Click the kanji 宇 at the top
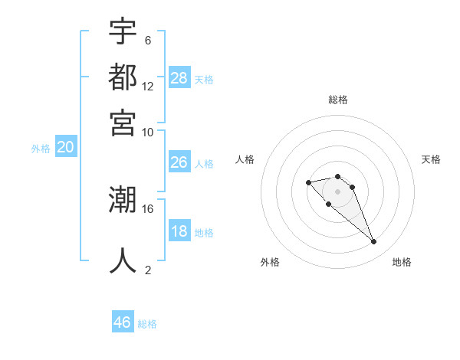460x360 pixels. tap(123, 31)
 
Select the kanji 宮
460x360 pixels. tap(123, 122)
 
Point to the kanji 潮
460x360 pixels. tap(123, 201)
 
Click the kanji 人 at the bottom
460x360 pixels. tap(123, 260)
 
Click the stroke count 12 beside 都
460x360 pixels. tap(148, 86)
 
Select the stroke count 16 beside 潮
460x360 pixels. tap(148, 208)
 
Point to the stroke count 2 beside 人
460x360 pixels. tap(147, 269)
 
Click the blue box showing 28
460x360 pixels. tap(179, 78)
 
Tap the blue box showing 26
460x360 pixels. tap(179, 162)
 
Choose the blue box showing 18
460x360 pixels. tap(179, 232)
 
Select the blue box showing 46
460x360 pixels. tap(123, 322)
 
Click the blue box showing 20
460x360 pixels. tap(66, 149)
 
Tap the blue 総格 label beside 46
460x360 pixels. tap(148, 324)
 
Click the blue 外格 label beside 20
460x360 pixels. tap(41, 149)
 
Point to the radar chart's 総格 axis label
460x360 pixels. tap(338, 100)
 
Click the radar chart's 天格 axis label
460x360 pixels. tap(431, 159)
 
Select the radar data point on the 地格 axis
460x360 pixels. tap(373, 242)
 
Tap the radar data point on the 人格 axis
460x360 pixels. tap(308, 182)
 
